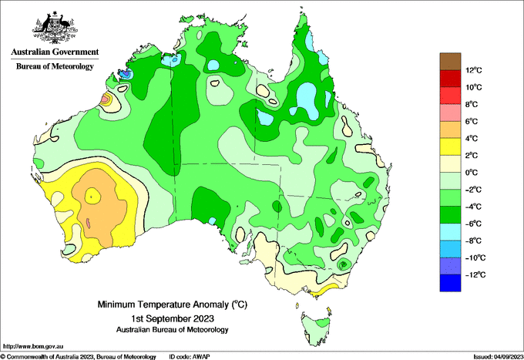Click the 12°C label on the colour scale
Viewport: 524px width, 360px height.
[x=474, y=70]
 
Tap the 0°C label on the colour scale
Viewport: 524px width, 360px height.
[x=472, y=173]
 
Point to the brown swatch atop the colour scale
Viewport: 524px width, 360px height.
[x=450, y=62]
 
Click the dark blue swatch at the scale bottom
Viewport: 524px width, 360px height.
[x=450, y=283]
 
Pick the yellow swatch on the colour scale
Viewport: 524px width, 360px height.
[x=450, y=146]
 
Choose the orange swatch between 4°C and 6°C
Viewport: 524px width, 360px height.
[x=450, y=130]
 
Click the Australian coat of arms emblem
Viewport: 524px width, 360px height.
[x=55, y=27]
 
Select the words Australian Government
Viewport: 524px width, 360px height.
[x=55, y=52]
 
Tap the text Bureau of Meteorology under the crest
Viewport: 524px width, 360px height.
[x=55, y=66]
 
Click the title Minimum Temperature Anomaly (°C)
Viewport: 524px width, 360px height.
[x=172, y=304]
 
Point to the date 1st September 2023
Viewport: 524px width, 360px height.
[x=173, y=318]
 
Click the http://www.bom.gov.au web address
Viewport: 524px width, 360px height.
[x=33, y=347]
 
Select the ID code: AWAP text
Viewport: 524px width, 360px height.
[x=190, y=357]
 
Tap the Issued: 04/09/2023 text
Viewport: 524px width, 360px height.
[x=499, y=357]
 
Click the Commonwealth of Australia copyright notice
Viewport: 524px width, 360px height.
[x=78, y=357]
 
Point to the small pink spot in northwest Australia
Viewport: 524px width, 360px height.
[x=105, y=99]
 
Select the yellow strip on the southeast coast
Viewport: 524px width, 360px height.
[x=324, y=290]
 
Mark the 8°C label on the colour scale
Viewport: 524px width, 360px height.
[x=472, y=104]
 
